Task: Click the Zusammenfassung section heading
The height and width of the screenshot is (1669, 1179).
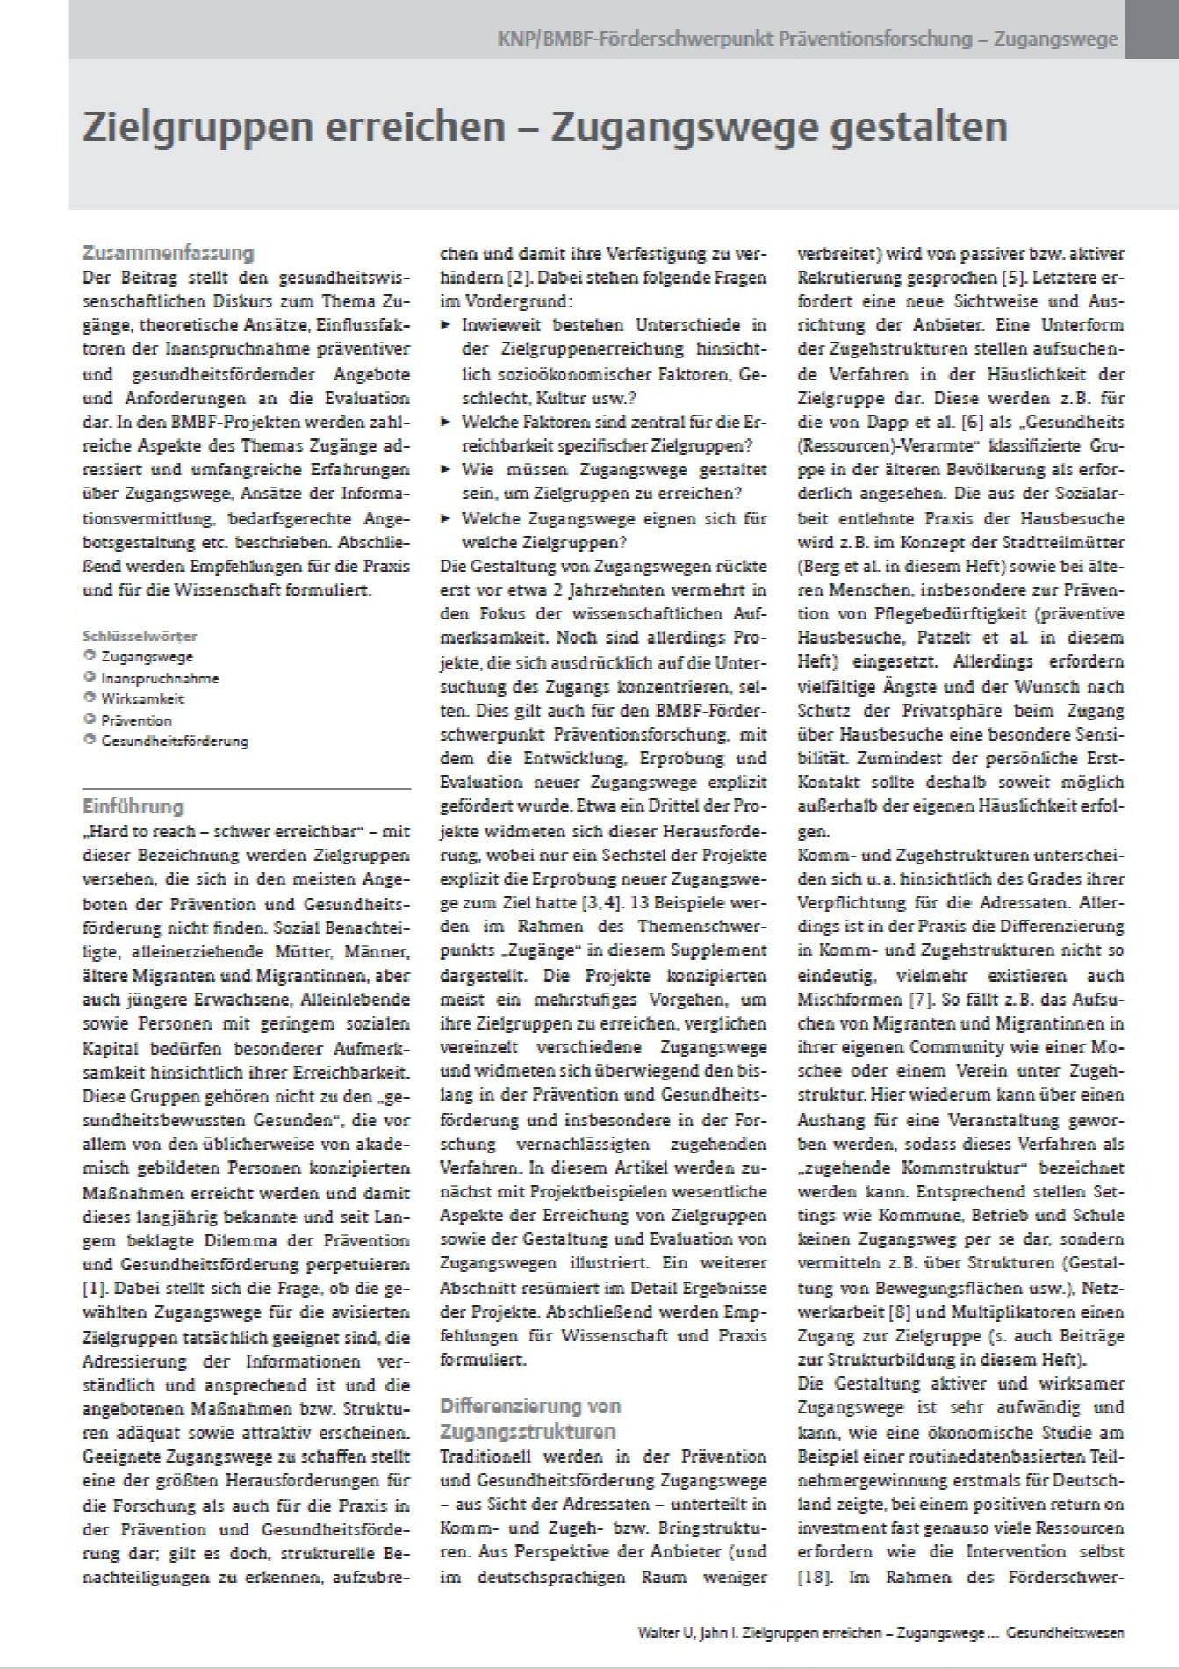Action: point(168,254)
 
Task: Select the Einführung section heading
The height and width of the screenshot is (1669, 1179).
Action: point(133,806)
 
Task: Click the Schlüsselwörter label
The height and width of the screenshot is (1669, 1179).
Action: point(140,636)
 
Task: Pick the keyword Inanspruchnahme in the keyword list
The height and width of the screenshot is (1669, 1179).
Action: point(160,678)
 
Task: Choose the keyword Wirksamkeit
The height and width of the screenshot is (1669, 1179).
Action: point(143,699)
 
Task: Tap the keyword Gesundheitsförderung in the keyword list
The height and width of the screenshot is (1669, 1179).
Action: point(174,741)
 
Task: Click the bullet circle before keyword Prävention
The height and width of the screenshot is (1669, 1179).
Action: point(89,719)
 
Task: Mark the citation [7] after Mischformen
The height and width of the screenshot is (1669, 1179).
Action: point(915,1000)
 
